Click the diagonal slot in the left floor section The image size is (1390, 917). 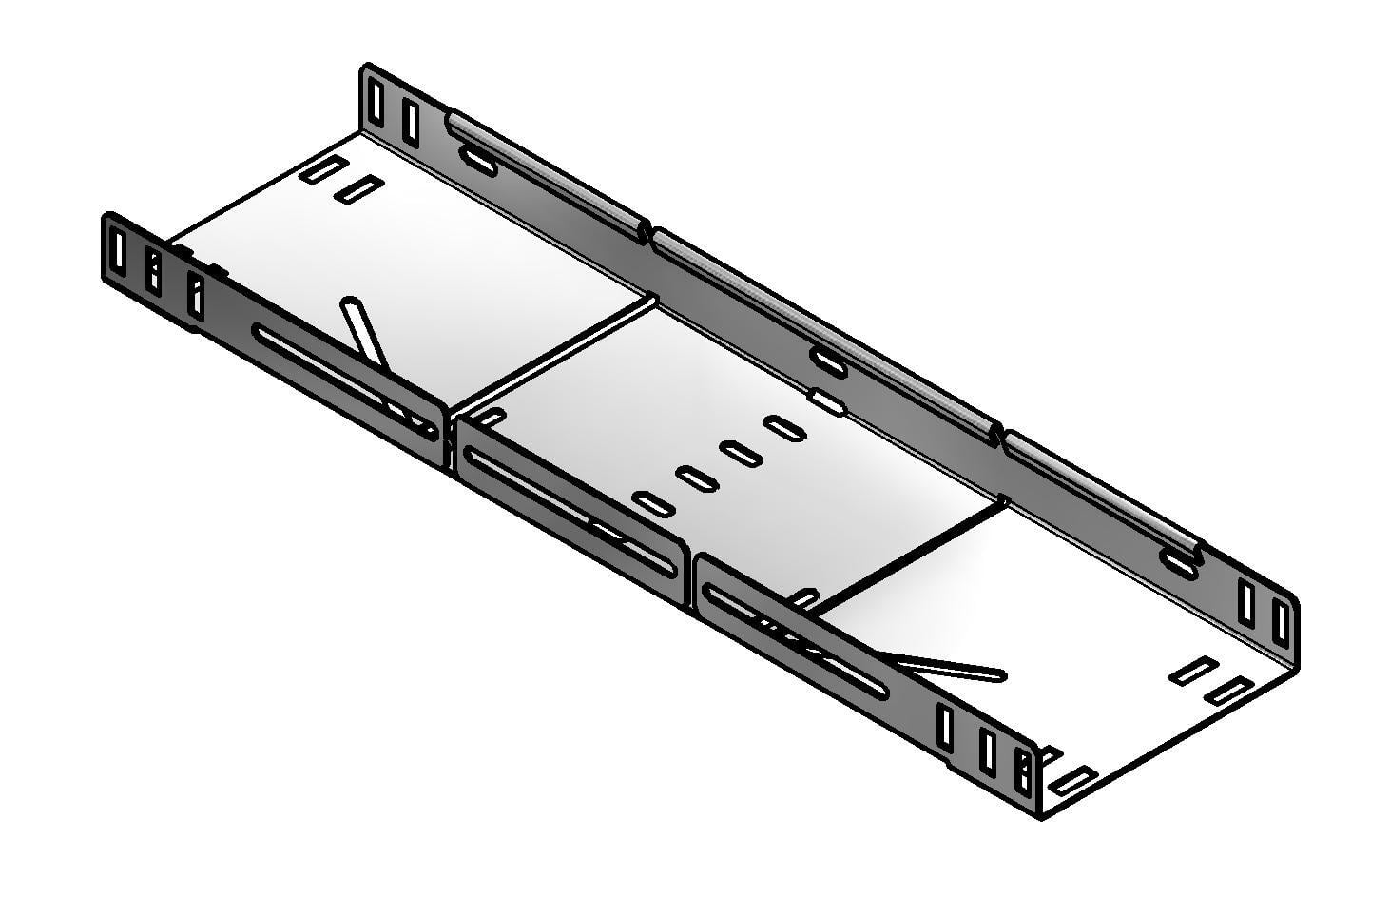(x=365, y=333)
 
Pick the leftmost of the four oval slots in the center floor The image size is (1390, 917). (x=654, y=504)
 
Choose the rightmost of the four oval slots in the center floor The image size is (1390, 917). (x=785, y=428)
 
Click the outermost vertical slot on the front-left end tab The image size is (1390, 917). (x=117, y=249)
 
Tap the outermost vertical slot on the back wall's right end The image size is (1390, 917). (x=1281, y=623)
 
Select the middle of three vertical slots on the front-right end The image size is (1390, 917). (x=987, y=751)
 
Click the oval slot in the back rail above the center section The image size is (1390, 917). (x=829, y=362)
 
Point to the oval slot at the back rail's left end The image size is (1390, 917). (x=478, y=163)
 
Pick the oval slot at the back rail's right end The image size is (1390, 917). (x=1180, y=565)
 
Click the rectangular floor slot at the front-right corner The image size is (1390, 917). (x=1071, y=781)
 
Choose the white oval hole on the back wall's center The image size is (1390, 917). (x=827, y=402)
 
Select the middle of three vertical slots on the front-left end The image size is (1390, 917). (x=153, y=271)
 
